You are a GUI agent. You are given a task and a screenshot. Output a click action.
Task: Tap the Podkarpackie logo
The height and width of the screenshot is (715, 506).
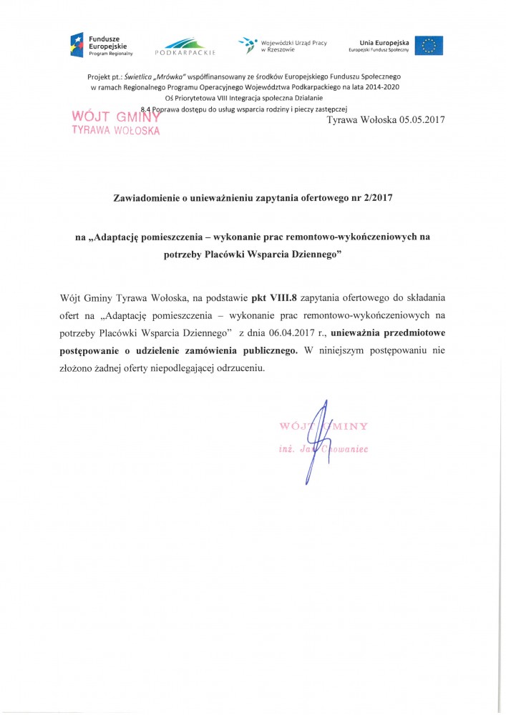click(185, 46)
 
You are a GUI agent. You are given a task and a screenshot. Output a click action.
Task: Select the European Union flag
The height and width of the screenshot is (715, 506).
click(429, 45)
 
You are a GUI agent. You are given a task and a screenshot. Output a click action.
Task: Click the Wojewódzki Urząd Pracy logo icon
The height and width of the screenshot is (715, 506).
click(248, 45)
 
